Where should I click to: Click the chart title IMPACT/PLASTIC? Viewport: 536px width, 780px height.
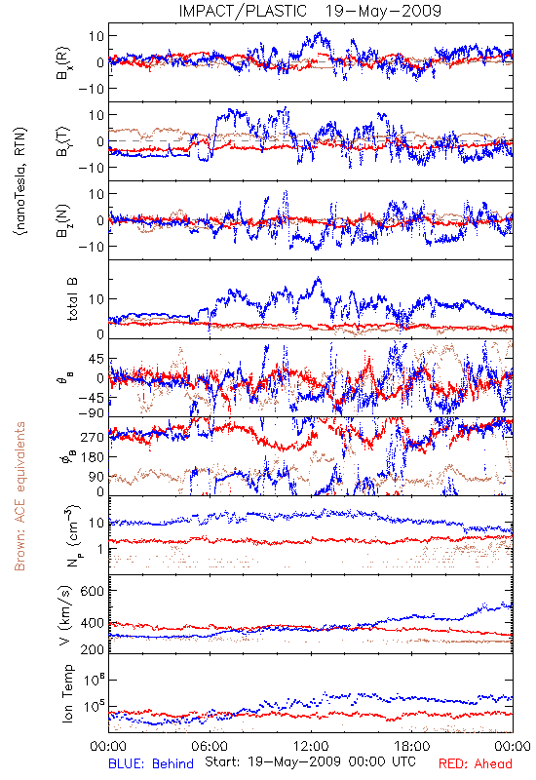pyautogui.click(x=243, y=11)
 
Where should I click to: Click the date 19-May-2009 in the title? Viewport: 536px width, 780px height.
pyautogui.click(x=383, y=11)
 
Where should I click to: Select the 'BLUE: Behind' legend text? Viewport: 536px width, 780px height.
pyautogui.click(x=151, y=763)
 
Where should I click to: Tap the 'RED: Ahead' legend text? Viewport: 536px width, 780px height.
pyautogui.click(x=475, y=763)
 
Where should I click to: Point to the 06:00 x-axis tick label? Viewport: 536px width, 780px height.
pyautogui.click(x=210, y=746)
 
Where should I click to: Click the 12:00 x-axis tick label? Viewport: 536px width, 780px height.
pyautogui.click(x=311, y=746)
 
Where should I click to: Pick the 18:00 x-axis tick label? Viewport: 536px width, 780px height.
pyautogui.click(x=411, y=746)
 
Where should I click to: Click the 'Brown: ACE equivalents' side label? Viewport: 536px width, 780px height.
pyautogui.click(x=19, y=496)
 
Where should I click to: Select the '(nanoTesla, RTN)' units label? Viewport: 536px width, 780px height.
pyautogui.click(x=20, y=181)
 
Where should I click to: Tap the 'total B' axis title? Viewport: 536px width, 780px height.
pyautogui.click(x=72, y=298)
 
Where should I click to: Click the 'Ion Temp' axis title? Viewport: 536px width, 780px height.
pyautogui.click(x=67, y=693)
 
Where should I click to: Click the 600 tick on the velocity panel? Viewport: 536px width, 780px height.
pyautogui.click(x=93, y=591)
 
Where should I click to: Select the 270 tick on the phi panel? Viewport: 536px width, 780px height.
pyautogui.click(x=93, y=437)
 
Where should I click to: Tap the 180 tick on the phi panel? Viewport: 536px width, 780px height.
pyautogui.click(x=93, y=456)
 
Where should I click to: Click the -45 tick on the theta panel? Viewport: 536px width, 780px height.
pyautogui.click(x=91, y=398)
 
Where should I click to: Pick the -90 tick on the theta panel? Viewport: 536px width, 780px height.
pyautogui.click(x=91, y=412)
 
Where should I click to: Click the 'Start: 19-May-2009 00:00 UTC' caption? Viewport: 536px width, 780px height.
pyautogui.click(x=310, y=761)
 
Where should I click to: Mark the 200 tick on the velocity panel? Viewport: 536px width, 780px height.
pyautogui.click(x=93, y=649)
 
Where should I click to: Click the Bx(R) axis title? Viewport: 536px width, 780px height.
pyautogui.click(x=63, y=63)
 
